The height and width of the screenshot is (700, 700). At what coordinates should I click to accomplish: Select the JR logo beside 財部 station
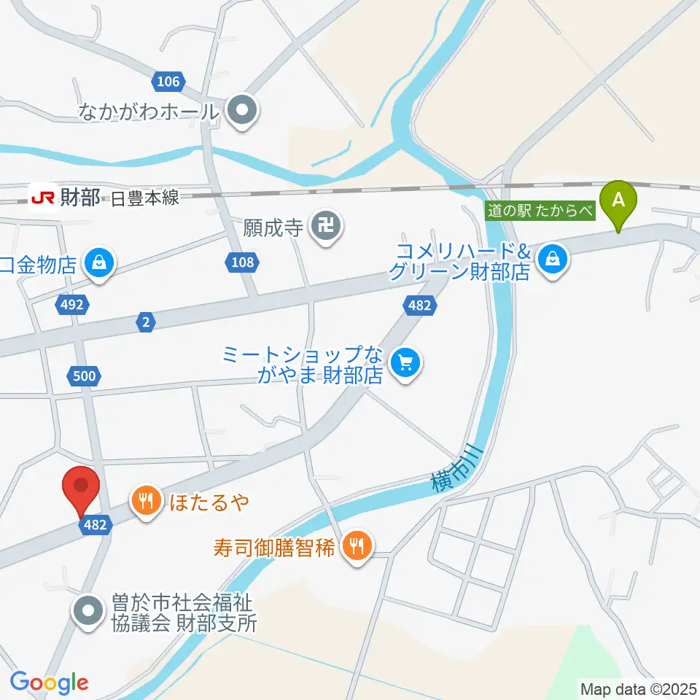(x=42, y=197)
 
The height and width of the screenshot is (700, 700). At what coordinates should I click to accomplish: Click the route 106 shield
(x=168, y=81)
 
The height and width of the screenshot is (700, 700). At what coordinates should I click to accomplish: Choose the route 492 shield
(x=72, y=306)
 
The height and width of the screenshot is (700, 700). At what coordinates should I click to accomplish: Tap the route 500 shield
(x=84, y=376)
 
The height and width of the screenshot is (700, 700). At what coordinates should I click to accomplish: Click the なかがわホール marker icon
(x=242, y=111)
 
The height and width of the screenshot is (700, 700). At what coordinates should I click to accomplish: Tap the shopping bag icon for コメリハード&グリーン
(x=553, y=259)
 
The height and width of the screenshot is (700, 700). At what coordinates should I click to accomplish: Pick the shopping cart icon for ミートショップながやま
(x=404, y=362)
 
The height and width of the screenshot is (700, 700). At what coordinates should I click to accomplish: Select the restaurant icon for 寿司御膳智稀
(x=357, y=545)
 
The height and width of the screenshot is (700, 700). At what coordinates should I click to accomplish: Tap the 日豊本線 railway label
(x=146, y=198)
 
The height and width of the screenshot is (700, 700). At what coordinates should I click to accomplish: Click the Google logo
(x=49, y=682)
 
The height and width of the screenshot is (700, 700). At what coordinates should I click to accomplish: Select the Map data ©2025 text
(x=638, y=688)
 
